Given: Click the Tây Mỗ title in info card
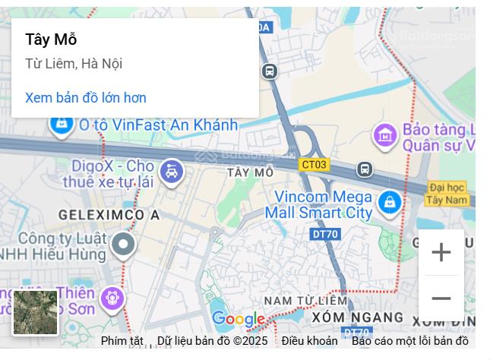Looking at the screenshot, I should [x=51, y=39].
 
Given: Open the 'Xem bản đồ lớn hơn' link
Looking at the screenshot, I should [x=86, y=98].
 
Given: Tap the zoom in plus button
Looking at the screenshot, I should [x=441, y=252].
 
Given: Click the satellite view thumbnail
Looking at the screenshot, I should [x=35, y=312].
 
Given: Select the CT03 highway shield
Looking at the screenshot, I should [x=314, y=164].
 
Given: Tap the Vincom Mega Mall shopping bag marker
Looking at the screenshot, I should [x=390, y=203].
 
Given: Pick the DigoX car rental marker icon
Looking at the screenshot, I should [x=172, y=172].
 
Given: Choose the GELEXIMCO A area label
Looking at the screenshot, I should [x=109, y=215].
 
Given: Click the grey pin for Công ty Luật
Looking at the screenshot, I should [x=123, y=245].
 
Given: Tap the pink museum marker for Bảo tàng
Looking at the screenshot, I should [x=385, y=136].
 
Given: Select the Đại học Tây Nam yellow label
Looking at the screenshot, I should [x=447, y=193].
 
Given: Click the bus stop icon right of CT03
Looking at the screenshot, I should [x=365, y=169].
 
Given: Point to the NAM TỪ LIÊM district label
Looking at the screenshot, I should [x=305, y=301].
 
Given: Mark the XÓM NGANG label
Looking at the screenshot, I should [x=358, y=317].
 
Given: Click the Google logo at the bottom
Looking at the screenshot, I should [x=238, y=320].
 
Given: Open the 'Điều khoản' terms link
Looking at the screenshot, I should [x=309, y=341].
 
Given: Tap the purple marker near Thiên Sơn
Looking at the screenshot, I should [x=113, y=297].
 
